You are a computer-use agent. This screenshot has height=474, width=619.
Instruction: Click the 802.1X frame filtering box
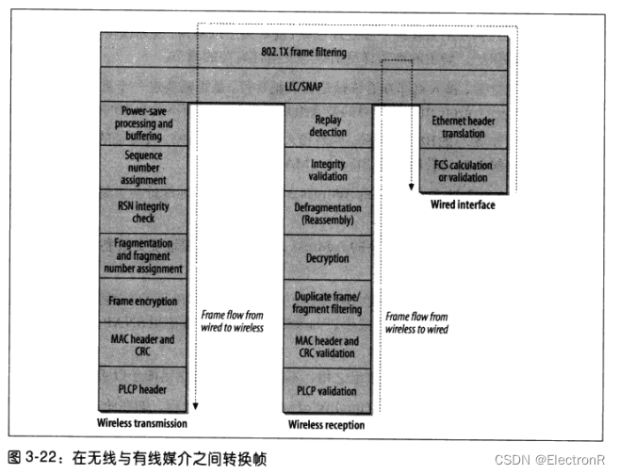point(305,53)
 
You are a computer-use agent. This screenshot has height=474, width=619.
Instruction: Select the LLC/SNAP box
point(305,86)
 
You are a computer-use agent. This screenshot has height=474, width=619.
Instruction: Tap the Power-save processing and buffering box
point(143,123)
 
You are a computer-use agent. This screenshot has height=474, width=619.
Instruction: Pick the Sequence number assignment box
point(143,167)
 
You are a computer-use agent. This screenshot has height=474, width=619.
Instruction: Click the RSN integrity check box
point(143,210)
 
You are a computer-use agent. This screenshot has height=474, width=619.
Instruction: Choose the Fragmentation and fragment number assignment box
point(143,255)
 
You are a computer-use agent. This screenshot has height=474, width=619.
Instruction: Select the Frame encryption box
point(143,300)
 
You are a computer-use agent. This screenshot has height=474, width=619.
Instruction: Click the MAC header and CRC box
point(143,345)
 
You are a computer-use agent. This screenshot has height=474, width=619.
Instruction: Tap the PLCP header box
point(143,387)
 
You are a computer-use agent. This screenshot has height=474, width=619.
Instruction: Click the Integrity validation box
point(328,171)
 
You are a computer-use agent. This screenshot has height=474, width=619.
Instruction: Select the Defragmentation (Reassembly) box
point(328,214)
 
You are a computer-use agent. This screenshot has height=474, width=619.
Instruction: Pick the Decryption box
point(328,258)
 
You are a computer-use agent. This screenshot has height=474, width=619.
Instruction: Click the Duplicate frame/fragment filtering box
point(328,302)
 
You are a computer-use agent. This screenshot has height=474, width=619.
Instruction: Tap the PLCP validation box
point(328,391)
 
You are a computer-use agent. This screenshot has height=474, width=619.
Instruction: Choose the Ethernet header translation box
point(462,127)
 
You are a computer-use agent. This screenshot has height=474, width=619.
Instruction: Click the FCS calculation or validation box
point(462,171)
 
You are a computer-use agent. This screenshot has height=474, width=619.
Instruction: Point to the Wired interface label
point(462,204)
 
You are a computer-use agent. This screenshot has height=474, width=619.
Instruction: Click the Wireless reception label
point(326,425)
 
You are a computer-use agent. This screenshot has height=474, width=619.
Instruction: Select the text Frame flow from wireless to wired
point(415,323)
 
